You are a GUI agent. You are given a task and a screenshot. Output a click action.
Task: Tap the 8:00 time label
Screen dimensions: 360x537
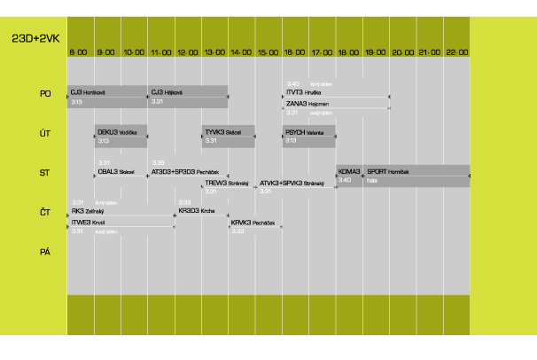79,52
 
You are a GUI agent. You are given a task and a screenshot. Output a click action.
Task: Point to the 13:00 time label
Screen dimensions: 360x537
214,52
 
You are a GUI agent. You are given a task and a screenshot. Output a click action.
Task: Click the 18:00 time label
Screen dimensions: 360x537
348,52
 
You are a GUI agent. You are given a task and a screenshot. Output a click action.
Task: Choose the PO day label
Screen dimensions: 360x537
45,92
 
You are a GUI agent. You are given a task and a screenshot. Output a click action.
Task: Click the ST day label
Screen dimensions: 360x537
45,172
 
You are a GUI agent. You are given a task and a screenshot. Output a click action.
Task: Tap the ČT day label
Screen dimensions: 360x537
45,212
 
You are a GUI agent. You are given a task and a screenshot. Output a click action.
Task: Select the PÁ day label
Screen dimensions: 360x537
45,252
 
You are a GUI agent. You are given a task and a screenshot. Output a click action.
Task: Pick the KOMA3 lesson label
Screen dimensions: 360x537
349,170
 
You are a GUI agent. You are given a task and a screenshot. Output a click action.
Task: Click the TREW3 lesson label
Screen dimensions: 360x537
225,184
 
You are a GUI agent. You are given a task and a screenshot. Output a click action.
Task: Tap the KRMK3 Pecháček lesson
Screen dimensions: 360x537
253,223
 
